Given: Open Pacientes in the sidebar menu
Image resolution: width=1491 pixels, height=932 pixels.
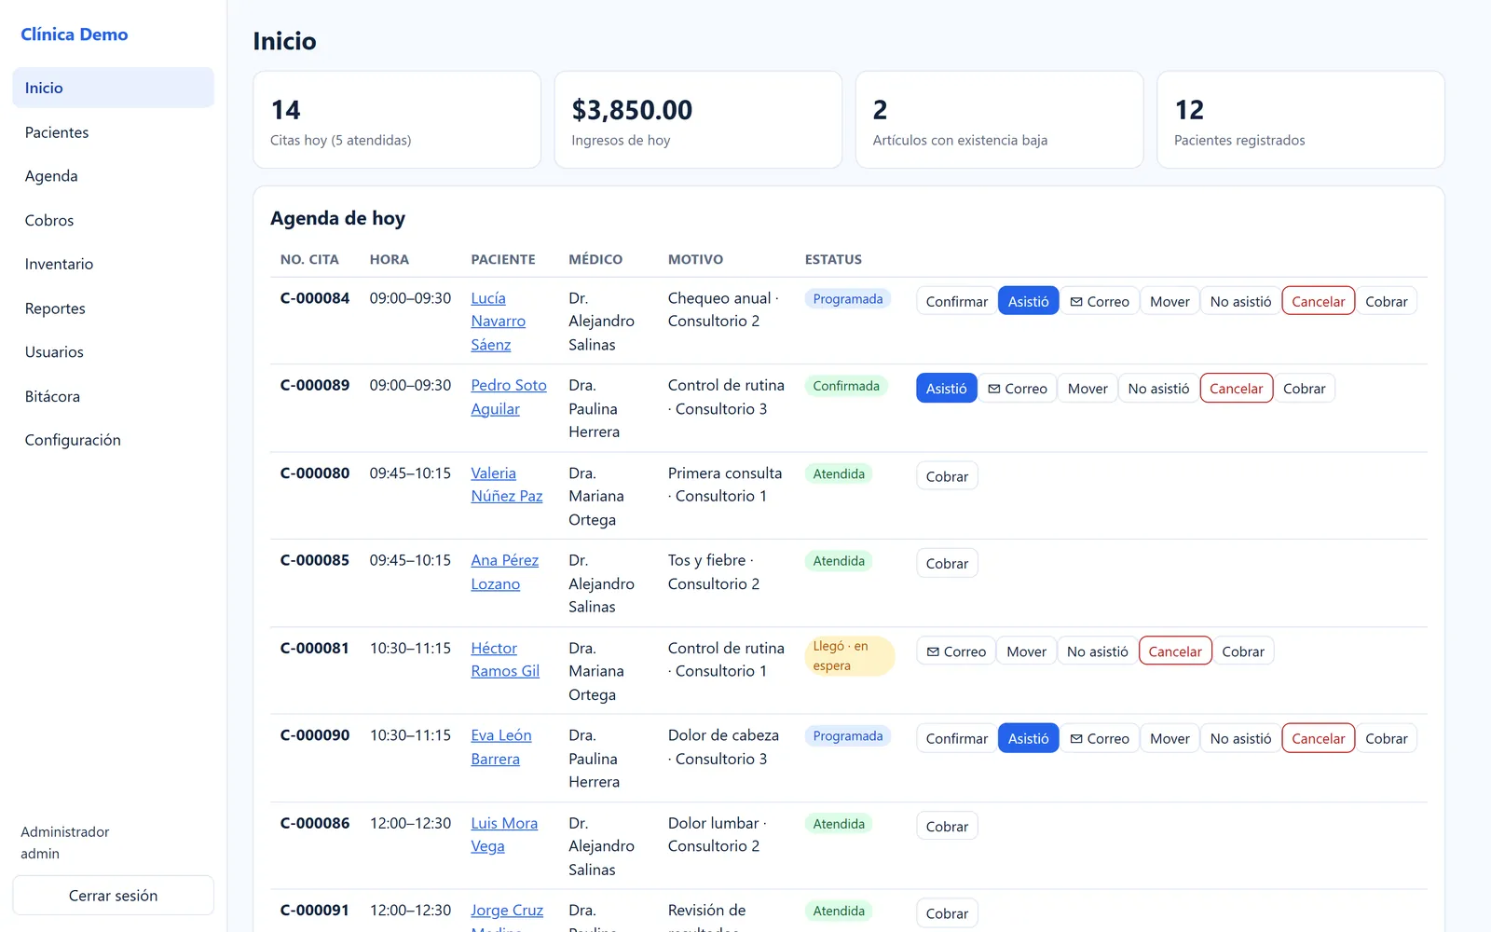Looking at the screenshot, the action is click(x=57, y=131).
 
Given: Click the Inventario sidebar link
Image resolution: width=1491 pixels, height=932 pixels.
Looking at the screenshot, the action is click(x=59, y=264).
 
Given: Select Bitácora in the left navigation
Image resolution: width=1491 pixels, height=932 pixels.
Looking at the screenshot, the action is click(x=52, y=396).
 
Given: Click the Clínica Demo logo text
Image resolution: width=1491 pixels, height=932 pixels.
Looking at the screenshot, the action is click(x=74, y=34).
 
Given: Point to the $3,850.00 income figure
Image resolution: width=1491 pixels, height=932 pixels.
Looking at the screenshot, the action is click(x=632, y=110).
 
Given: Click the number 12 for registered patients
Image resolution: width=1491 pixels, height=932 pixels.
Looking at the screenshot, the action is click(x=1189, y=110).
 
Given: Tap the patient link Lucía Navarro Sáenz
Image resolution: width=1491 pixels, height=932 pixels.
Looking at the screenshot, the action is click(x=498, y=321).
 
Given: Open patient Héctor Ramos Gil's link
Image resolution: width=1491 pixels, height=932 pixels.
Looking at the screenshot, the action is click(x=504, y=659).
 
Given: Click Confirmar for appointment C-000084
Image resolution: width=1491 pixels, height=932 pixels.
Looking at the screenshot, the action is click(x=956, y=301).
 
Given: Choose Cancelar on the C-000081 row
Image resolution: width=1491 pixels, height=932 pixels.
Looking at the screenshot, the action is click(x=1175, y=651).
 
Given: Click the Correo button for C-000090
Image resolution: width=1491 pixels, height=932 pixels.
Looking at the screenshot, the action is click(x=1100, y=738).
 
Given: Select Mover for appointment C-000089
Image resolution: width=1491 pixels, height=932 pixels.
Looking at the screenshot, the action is click(x=1087, y=388).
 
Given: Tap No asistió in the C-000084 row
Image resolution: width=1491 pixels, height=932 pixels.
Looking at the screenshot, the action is click(x=1240, y=301).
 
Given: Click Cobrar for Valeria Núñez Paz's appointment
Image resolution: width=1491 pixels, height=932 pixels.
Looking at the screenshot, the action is click(x=947, y=476).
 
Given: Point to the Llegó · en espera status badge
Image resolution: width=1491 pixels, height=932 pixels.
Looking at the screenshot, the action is click(x=849, y=656).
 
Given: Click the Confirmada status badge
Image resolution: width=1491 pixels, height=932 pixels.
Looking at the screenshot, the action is click(x=846, y=386).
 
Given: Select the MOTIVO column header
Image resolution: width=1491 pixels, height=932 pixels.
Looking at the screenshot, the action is click(x=695, y=259).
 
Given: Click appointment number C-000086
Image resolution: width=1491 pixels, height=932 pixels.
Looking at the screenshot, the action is click(x=314, y=823).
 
